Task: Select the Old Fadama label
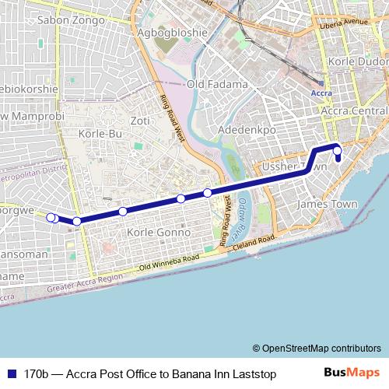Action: (217, 84)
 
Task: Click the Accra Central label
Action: (354, 113)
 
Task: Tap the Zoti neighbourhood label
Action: (140, 121)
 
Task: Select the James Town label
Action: (328, 204)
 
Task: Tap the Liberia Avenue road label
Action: (345, 21)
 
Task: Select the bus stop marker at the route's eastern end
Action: (337, 151)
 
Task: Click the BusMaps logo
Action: (352, 373)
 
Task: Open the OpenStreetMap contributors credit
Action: (316, 348)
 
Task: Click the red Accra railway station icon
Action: (321, 80)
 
